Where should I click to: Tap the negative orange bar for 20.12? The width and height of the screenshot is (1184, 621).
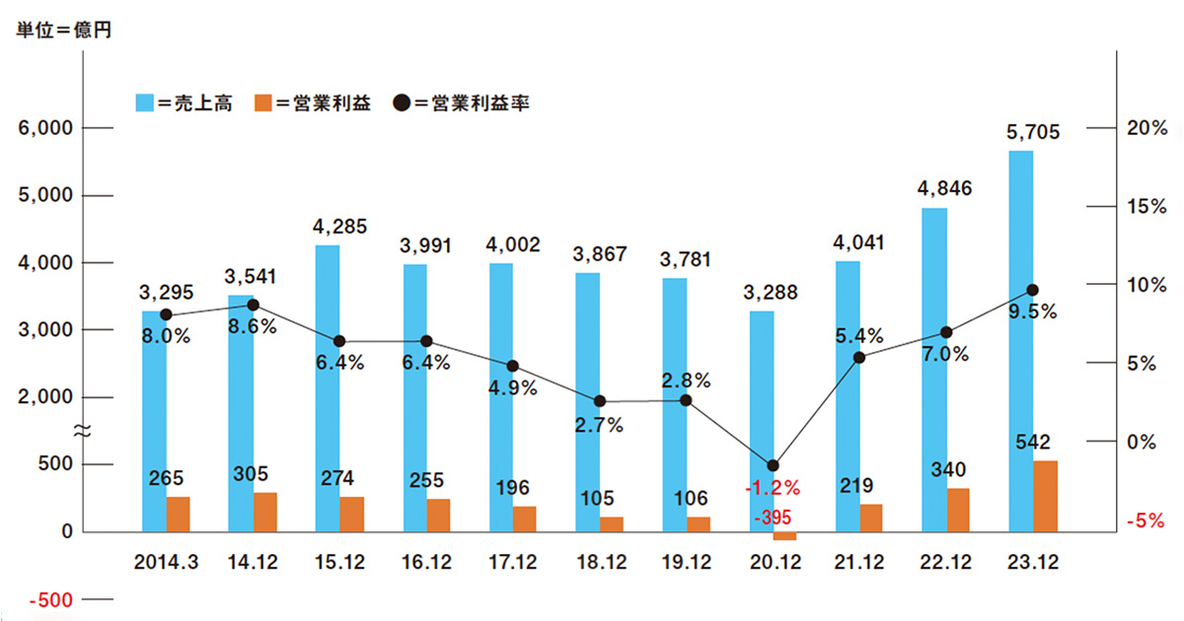tap(784, 536)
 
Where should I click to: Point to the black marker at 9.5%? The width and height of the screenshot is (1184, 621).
tap(1032, 290)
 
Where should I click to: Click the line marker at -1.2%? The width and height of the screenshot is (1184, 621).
tap(773, 465)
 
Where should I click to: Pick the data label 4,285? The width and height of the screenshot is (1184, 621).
tap(339, 227)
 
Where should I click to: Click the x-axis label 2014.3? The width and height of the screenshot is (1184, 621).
tap(166, 562)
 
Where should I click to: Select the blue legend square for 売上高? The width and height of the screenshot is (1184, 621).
tap(144, 103)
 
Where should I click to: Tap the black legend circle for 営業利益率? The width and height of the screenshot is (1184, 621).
tap(403, 103)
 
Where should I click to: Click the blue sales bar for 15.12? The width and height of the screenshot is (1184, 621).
tap(328, 388)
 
